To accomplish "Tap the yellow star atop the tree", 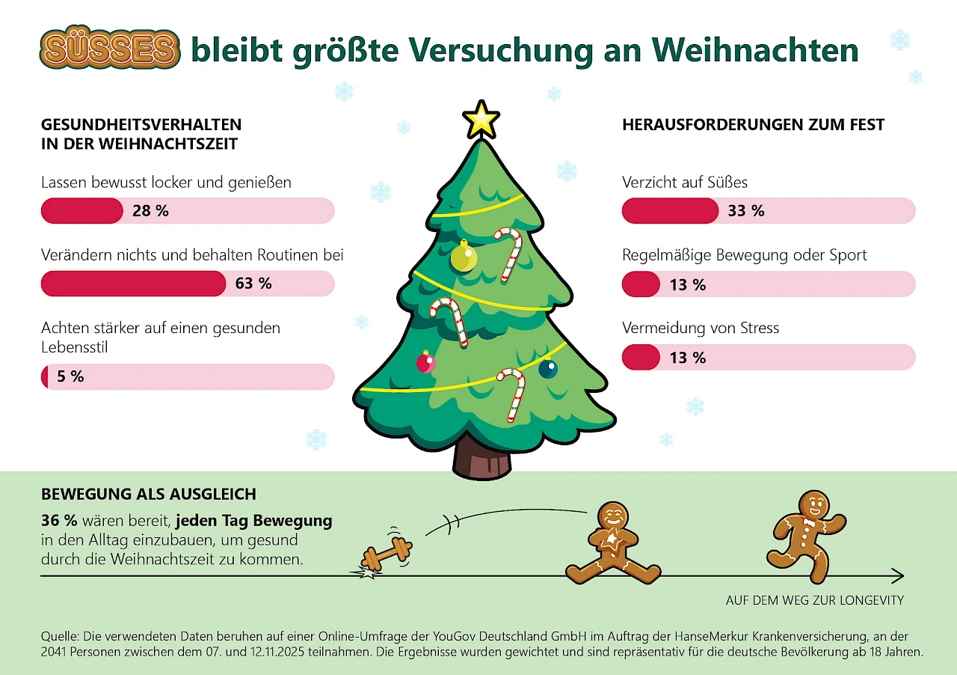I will tap(481, 120).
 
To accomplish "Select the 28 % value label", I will tap(150, 211).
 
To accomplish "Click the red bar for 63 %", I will tap(133, 284).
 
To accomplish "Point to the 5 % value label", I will tap(70, 376).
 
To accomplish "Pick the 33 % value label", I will tap(745, 211).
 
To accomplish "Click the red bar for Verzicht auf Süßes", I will tap(670, 211).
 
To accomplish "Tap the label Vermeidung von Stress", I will tap(701, 328).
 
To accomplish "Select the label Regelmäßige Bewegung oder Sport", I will tap(744, 255).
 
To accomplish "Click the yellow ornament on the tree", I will tap(464, 257).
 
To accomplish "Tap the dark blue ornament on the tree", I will tap(548, 368).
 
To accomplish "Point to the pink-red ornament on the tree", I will tap(425, 363).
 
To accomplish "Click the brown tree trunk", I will tap(481, 459).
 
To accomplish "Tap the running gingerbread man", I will tap(805, 536).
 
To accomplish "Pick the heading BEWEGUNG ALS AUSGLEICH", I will tap(149, 494).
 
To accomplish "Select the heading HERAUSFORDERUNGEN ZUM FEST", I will tap(753, 125).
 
